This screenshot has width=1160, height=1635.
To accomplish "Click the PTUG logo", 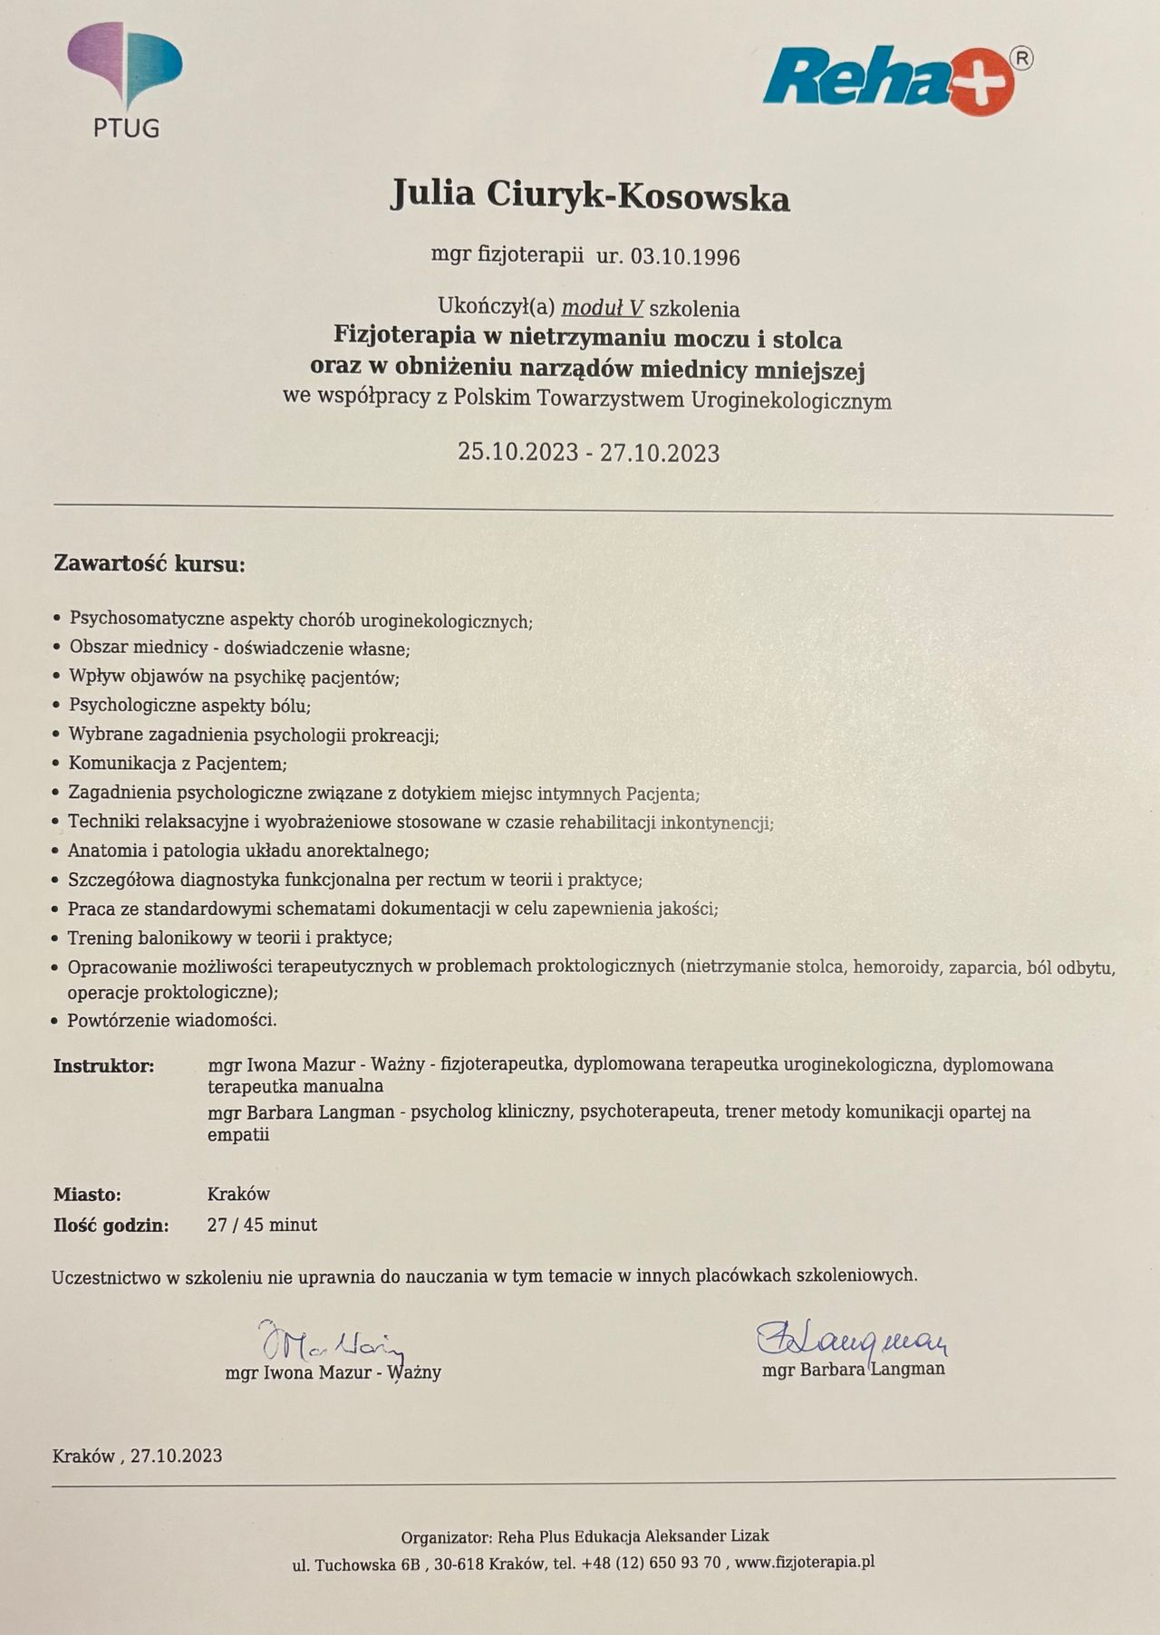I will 125,80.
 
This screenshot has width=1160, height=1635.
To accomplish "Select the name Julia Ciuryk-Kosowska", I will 590,196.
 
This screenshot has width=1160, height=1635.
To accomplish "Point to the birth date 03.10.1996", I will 685,257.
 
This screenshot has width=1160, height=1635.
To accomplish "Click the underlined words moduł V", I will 603,308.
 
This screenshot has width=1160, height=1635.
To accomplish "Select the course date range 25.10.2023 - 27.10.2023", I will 588,452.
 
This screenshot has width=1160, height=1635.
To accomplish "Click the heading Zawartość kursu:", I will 150,564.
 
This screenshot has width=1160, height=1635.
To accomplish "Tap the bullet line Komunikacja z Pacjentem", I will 178,764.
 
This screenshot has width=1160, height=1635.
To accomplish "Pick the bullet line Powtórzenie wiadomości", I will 172,1020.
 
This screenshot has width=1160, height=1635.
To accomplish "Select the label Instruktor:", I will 104,1066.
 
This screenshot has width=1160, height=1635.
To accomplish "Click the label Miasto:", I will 87,1195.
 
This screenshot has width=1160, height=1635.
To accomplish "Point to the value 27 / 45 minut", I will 262,1225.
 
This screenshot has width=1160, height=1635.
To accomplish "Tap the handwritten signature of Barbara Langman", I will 852,1336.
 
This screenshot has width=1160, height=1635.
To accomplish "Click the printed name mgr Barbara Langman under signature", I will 854,1369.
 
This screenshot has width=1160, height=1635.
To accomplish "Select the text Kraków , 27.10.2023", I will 138,1456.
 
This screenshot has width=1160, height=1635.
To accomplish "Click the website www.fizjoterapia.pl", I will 805,1562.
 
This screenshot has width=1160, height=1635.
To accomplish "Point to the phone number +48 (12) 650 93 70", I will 652,1563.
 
